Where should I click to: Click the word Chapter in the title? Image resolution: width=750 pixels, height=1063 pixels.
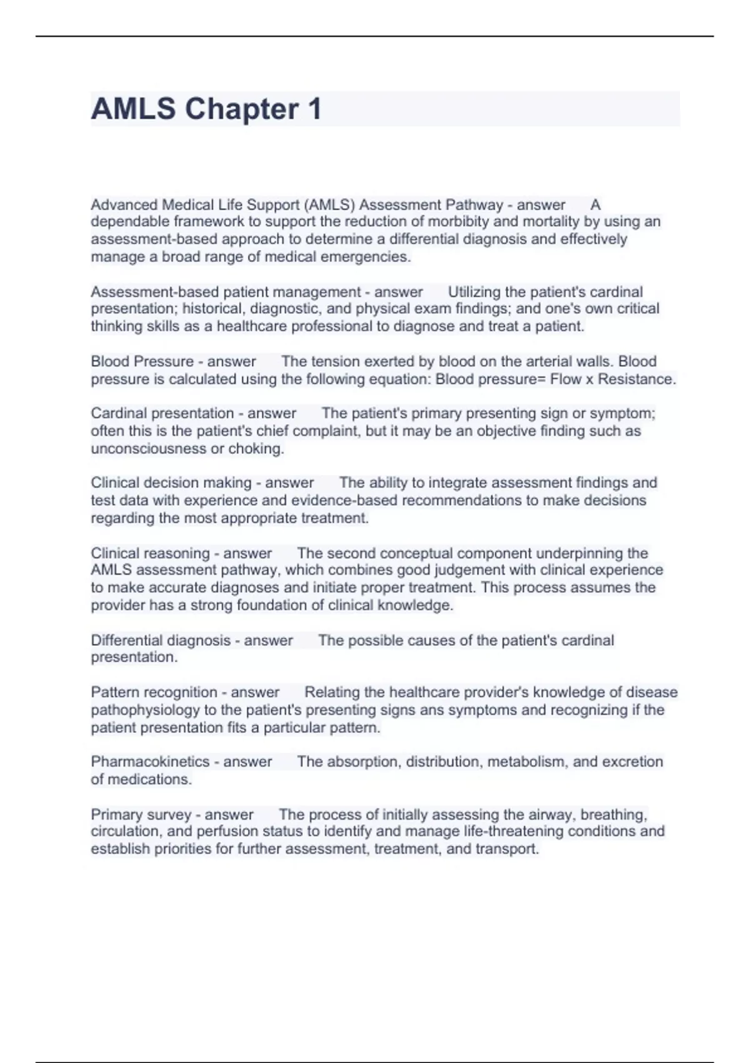click(x=241, y=109)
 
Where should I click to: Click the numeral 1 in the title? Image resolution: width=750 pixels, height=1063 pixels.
click(x=314, y=109)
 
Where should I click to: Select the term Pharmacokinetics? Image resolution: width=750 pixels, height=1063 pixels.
click(x=150, y=762)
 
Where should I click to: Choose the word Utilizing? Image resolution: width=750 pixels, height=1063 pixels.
click(x=474, y=292)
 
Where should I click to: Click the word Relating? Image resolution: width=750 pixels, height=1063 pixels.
click(x=332, y=692)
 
